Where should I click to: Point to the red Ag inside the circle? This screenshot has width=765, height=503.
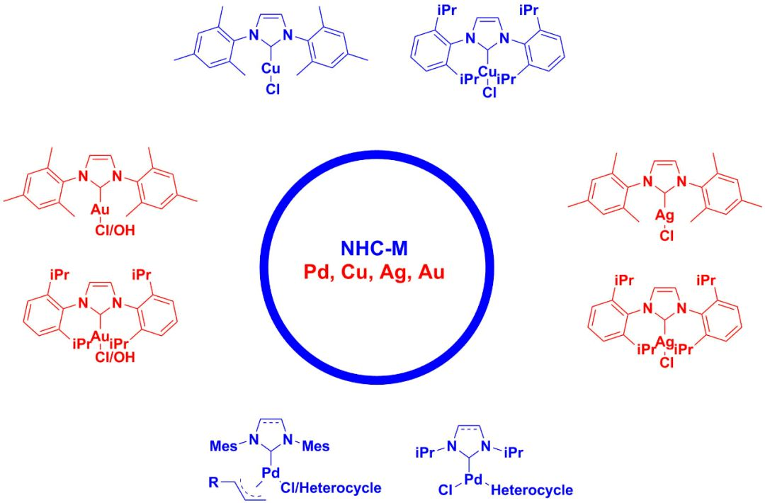[406, 271]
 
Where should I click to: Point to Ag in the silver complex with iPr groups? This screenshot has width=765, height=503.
[663, 343]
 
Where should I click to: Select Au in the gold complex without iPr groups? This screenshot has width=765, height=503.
[100, 210]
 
